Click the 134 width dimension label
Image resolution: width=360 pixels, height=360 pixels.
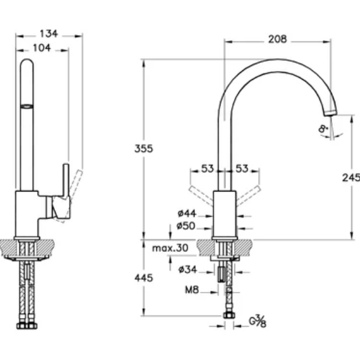(x=49, y=34)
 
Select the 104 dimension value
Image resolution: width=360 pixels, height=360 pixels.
(x=41, y=48)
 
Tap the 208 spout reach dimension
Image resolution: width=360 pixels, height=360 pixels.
(x=277, y=39)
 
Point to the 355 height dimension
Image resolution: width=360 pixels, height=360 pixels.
(x=143, y=149)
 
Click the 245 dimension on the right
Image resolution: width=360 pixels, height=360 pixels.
(x=351, y=177)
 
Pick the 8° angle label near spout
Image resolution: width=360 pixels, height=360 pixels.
(x=322, y=128)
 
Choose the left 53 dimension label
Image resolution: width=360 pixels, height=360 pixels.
(x=207, y=169)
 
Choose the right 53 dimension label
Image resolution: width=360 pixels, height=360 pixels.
(x=242, y=169)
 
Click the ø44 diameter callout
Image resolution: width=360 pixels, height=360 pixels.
(x=187, y=214)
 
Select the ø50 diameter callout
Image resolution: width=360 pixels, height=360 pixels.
(x=186, y=226)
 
